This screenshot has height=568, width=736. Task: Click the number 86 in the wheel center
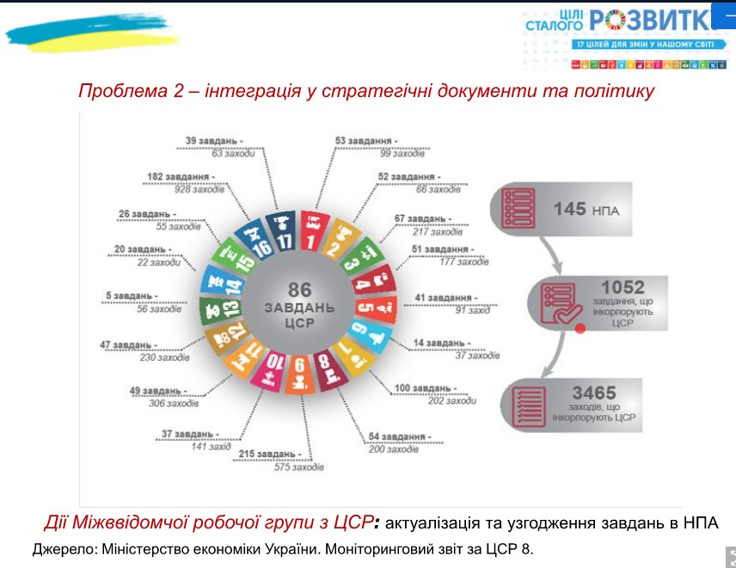pyautogui.click(x=299, y=290)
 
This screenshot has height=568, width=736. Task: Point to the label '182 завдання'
pyautogui.click(x=182, y=177)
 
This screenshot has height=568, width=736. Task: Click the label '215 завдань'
pyautogui.click(x=271, y=454)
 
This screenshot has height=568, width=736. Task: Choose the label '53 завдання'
pyautogui.click(x=366, y=140)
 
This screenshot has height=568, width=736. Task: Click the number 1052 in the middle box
pyautogui.click(x=623, y=287)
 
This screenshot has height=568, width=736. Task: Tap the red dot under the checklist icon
pyautogui.click(x=580, y=328)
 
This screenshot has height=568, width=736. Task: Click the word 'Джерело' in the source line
pyautogui.click(x=63, y=549)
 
